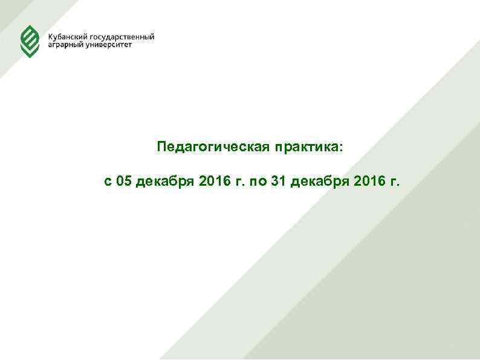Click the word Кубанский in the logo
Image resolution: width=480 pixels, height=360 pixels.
pyautogui.click(x=67, y=37)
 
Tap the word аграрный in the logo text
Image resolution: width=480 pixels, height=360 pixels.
pyautogui.click(x=66, y=46)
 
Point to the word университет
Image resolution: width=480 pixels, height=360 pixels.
pyautogui.click(x=109, y=46)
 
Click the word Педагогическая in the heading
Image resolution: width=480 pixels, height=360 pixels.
pyautogui.click(x=213, y=147)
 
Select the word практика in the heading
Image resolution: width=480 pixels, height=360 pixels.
pyautogui.click(x=307, y=147)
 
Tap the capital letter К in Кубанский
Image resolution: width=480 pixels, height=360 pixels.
pyautogui.click(x=51, y=37)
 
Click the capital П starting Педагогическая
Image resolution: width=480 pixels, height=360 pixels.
pyautogui.click(x=161, y=147)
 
